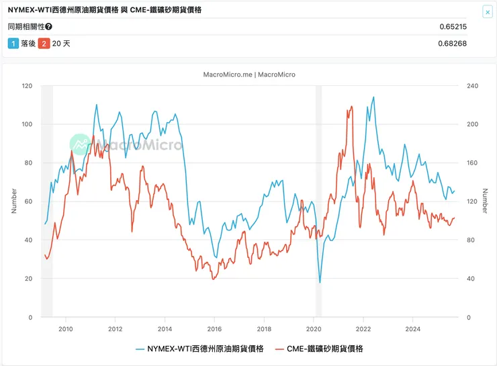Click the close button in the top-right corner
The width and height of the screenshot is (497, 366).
coord(487,12)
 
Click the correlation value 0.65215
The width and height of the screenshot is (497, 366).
coord(453,27)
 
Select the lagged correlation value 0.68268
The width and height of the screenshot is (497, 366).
coord(453,44)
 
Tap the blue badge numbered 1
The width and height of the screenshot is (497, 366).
coord(13,44)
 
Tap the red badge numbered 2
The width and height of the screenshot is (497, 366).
coord(44,44)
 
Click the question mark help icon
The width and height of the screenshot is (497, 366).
coord(48,27)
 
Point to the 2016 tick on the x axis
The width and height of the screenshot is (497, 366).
coord(214,328)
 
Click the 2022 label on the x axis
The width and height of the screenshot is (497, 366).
coord(363,328)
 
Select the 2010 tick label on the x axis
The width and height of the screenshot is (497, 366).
coord(65,328)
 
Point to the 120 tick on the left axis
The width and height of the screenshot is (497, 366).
coord(28,86)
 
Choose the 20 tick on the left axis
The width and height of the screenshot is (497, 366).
coord(30,279)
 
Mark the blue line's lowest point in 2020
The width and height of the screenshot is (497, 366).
coord(320,282)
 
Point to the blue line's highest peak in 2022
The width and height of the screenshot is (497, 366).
coord(373,97)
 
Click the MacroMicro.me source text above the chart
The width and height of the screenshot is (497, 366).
coord(248,75)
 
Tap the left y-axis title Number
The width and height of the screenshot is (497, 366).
coord(14,201)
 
